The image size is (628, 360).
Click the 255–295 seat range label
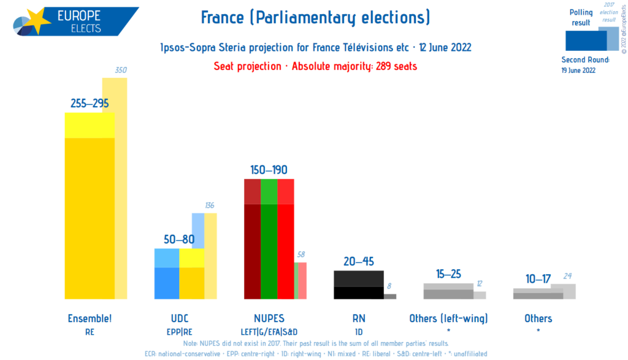90,103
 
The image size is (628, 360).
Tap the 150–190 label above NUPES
269,170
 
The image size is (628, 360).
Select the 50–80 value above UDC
179,239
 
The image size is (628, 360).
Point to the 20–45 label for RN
359,262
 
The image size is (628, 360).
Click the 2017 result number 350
121,71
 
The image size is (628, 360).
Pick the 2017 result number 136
210,205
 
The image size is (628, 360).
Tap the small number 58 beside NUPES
300,255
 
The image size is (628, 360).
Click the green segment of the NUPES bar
269,245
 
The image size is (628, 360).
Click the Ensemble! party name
90,318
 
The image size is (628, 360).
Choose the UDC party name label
179,318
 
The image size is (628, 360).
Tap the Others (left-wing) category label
448,318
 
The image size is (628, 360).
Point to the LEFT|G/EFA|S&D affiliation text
269,331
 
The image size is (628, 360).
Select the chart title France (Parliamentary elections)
315,18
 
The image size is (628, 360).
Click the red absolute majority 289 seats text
315,66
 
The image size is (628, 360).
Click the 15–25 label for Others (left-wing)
448,274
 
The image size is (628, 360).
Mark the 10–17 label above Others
538,279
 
